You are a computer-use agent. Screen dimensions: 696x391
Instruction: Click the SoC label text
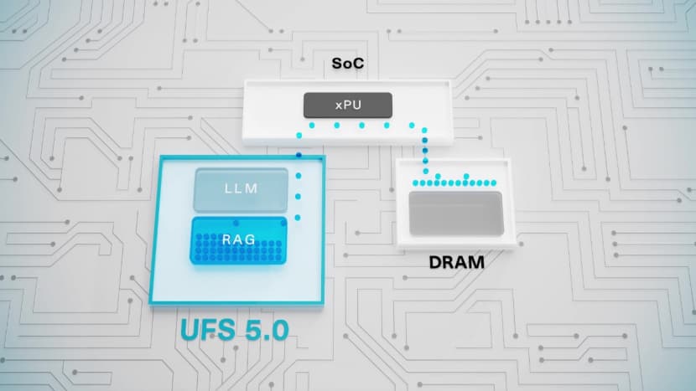348,64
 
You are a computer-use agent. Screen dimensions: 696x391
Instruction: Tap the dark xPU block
348,105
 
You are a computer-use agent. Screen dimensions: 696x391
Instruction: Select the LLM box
241,189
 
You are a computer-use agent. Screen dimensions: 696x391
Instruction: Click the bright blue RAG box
239,240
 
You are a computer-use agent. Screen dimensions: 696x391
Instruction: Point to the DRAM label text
457,262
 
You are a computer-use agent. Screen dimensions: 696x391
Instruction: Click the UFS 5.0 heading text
235,330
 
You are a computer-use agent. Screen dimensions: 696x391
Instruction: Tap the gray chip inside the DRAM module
456,214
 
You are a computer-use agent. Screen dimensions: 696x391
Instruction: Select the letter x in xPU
339,106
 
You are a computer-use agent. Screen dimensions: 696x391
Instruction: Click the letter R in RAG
226,239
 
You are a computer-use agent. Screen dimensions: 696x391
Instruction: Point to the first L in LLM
228,188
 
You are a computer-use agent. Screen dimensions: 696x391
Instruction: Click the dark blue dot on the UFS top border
299,155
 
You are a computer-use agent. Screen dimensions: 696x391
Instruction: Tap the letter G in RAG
251,239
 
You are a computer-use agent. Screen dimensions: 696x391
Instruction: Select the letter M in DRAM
477,262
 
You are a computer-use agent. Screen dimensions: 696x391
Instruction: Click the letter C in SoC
359,64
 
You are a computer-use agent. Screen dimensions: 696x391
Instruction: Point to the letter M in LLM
252,188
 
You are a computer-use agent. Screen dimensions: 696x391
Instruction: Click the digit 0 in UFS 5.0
279,330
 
